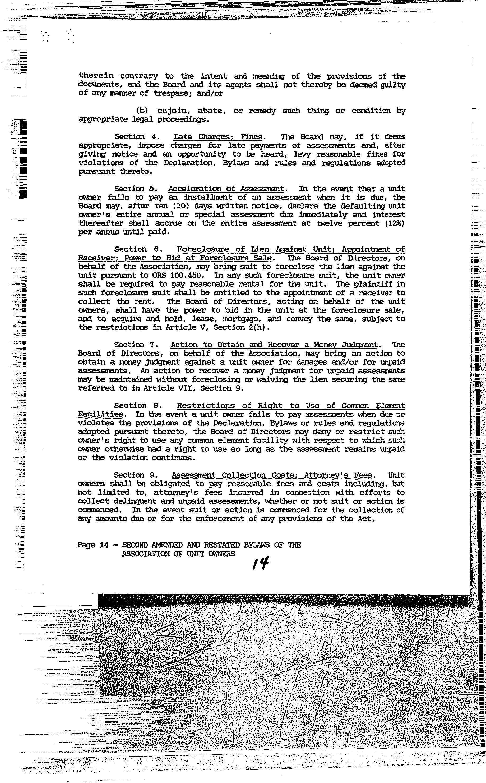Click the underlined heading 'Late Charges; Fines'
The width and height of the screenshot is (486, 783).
[218, 137]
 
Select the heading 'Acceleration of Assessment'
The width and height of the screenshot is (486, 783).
[226, 189]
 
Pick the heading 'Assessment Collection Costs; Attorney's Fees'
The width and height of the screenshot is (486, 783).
[272, 475]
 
